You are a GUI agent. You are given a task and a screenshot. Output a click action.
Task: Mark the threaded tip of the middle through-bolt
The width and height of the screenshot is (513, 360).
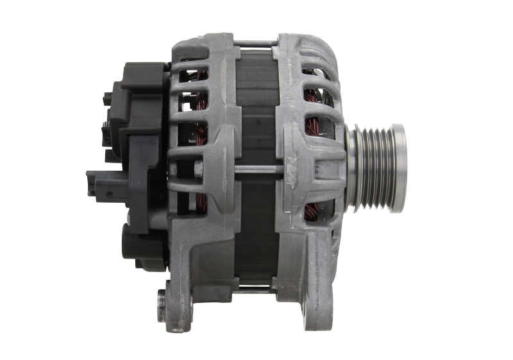tap(280, 169)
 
